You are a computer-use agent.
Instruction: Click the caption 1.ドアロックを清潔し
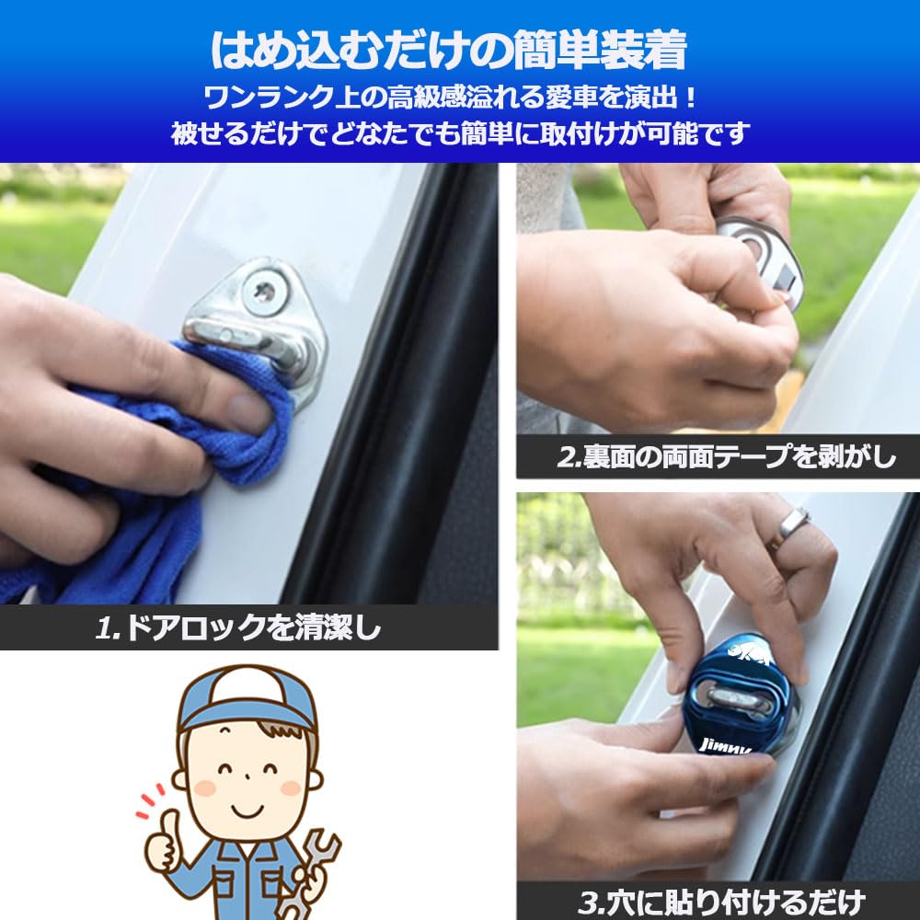pyautogui.click(x=237, y=628)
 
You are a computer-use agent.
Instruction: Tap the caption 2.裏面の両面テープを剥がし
pyautogui.click(x=726, y=457)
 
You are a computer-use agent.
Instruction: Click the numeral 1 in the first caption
pyautogui.click(x=103, y=629)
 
